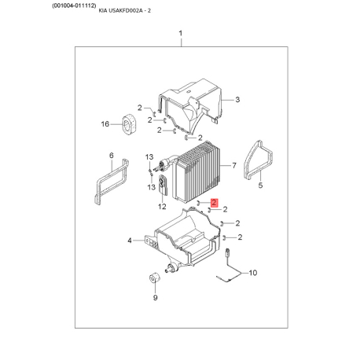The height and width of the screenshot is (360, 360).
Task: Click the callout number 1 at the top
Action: coord(180,34)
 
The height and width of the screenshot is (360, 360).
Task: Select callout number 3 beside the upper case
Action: coord(237,100)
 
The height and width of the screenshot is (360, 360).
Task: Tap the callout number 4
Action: coord(130,240)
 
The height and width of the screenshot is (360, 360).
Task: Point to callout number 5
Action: coord(260,186)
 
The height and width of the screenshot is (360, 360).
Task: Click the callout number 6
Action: coord(112,156)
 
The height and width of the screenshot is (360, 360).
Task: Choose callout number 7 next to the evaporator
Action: coord(234,165)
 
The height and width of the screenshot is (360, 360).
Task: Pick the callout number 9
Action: coord(156,298)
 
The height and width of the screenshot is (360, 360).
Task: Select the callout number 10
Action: coord(253,273)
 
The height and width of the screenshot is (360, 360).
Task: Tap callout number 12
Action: coord(162,207)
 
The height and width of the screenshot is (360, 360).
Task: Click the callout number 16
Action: coord(105,124)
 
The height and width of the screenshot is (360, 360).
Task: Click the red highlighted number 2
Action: coord(215,202)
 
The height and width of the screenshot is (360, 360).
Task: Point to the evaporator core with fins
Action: coord(197,173)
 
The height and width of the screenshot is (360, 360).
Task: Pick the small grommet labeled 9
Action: coord(154,278)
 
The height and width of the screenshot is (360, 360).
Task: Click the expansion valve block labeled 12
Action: coord(163,185)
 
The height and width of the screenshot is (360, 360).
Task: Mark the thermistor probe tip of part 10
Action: coord(228,252)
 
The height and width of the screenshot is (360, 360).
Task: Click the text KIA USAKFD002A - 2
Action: coord(124,11)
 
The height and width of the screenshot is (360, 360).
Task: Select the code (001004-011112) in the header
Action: coord(74,6)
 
